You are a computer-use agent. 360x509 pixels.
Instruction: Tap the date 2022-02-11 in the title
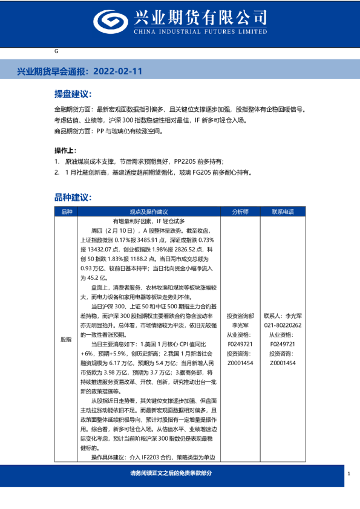click(119, 71)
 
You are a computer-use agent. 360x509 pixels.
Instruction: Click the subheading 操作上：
click(66, 150)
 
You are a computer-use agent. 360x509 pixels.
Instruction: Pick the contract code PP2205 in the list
click(186, 161)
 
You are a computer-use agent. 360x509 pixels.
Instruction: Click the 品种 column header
click(67, 212)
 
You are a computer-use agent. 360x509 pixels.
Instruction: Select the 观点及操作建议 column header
click(148, 212)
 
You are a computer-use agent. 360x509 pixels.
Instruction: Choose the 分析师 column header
click(240, 212)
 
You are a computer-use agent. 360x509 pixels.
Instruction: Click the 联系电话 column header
click(283, 212)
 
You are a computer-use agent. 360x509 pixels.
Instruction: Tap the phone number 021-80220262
click(283, 325)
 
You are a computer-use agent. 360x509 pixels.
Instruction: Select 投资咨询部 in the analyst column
click(240, 316)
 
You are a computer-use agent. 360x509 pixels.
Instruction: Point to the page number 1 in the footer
click(349, 473)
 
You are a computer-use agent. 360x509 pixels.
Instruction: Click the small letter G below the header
click(56, 53)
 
